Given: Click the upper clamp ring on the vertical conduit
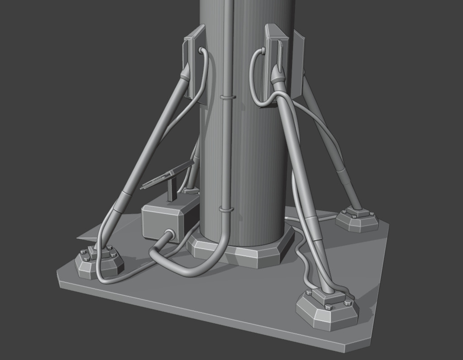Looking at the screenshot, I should point(228,97).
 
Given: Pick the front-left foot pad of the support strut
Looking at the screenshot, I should point(99,262).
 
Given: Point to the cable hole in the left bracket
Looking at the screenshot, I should point(200,50).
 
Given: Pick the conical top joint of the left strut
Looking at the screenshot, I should point(186,72).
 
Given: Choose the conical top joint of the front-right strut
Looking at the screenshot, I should point(277,74).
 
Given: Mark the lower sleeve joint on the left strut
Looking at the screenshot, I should point(122,202).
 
